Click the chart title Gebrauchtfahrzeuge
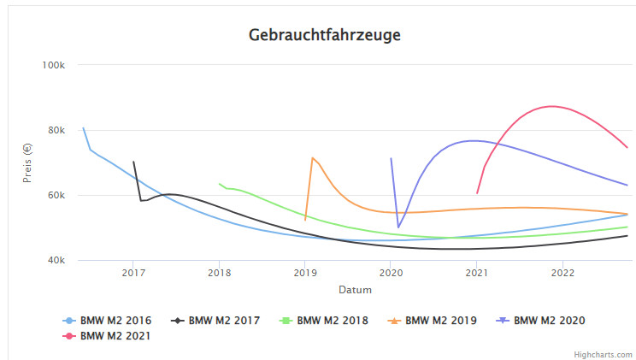324,35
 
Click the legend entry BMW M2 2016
115,321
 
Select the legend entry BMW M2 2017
224,321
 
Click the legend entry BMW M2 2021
115,335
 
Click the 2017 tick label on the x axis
133,273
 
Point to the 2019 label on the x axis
305,273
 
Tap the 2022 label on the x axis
562,273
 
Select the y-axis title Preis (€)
27,162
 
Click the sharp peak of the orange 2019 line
313,157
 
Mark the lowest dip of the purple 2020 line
398,227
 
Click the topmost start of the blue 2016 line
83,128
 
